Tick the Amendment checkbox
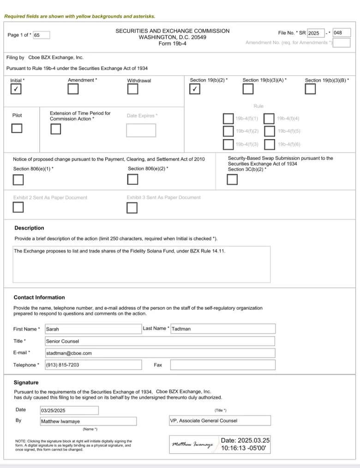[x=73, y=89]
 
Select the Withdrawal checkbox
[x=133, y=89]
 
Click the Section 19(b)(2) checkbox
[x=195, y=89]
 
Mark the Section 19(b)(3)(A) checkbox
[x=248, y=89]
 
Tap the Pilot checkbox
[x=17, y=128]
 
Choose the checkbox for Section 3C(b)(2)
[x=232, y=180]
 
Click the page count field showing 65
[x=41, y=35]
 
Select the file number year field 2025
[x=316, y=33]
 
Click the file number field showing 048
[x=341, y=33]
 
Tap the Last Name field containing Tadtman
[x=223, y=329]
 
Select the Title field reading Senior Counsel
[x=160, y=341]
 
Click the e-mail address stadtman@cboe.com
[x=69, y=353]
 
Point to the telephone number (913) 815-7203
[x=62, y=365]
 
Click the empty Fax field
[x=222, y=365]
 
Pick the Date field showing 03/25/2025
[x=69, y=410]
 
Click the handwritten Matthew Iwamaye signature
[x=192, y=444]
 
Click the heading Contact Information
[x=39, y=297]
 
